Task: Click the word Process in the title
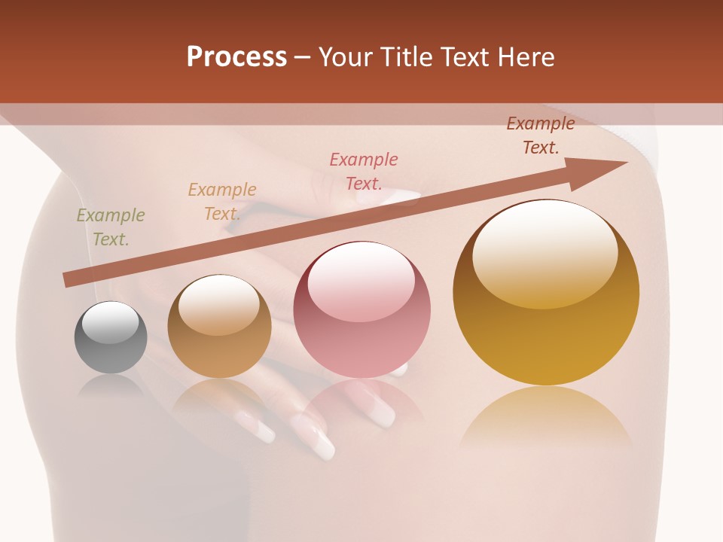[236, 57]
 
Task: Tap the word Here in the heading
[526, 57]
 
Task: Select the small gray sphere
[111, 338]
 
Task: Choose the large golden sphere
[546, 293]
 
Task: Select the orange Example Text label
[222, 202]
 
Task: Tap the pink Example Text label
[364, 171]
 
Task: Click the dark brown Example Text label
[540, 135]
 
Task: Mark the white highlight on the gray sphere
[111, 322]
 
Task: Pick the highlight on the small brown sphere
[219, 304]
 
